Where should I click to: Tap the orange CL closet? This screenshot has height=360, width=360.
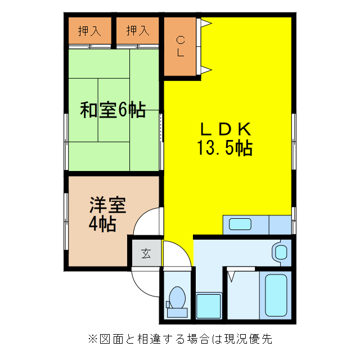coord(180,47)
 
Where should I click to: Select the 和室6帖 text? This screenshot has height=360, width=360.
coord(113,110)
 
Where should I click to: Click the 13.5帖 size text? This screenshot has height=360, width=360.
coord(224,148)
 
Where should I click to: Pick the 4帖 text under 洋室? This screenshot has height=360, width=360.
coord(102,224)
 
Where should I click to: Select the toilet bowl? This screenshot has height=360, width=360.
coord(178,298)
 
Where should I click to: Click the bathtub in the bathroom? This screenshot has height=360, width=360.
coord(276,295)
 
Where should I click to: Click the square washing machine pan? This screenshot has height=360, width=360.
coord(209,305)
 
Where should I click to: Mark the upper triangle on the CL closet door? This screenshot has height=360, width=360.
coord(206,24)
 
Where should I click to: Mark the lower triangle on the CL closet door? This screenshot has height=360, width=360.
coord(206,70)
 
